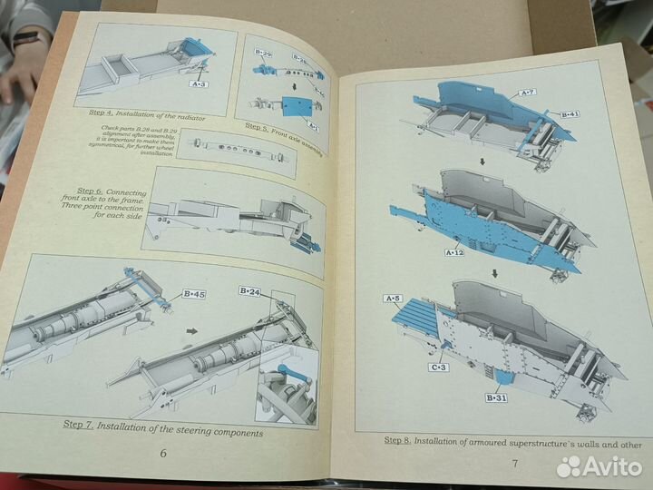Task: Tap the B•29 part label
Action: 263,54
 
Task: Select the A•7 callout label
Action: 528,93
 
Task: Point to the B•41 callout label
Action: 570,114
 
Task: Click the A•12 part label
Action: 453,252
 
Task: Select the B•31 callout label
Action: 496,397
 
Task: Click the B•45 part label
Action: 192,294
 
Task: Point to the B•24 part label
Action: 250,290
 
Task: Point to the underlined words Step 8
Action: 397,441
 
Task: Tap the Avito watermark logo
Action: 599,466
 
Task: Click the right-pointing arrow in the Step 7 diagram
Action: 190,332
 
